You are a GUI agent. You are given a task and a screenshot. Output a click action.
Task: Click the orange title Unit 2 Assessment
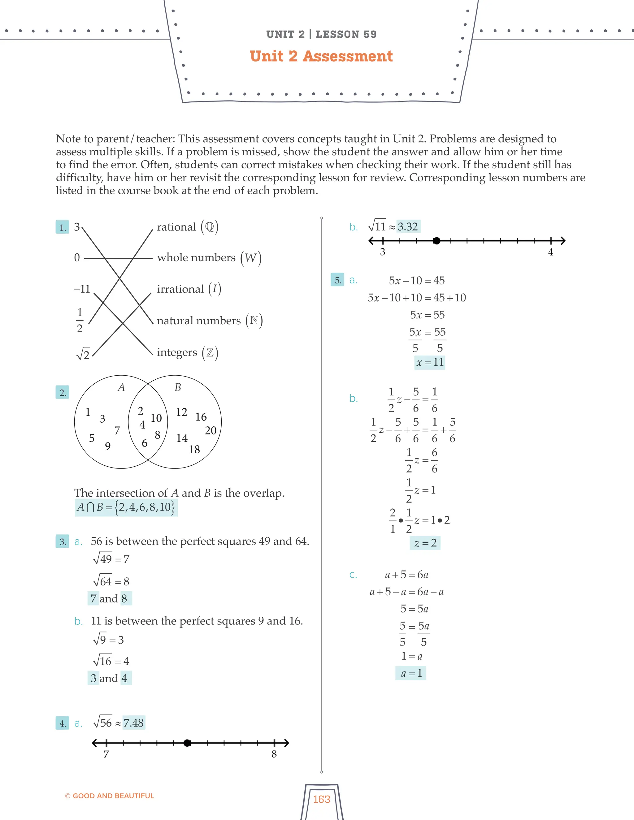pyautogui.click(x=321, y=56)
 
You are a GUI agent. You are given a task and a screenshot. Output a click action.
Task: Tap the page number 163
pyautogui.click(x=322, y=799)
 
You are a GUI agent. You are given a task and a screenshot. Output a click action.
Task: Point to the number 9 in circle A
pyautogui.click(x=108, y=446)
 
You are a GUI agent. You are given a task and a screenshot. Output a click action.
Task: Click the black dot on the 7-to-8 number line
pyautogui.click(x=187, y=743)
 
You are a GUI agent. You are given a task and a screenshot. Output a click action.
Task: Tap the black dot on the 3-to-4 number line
pyautogui.click(x=436, y=241)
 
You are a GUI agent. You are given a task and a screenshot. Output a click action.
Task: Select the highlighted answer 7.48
pyautogui.click(x=134, y=723)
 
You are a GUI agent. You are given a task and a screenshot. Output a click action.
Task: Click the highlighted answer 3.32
pyautogui.click(x=408, y=227)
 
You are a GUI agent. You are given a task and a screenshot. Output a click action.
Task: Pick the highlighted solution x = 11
pyautogui.click(x=430, y=362)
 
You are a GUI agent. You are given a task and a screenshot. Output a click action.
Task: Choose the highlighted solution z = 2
pyautogui.click(x=425, y=543)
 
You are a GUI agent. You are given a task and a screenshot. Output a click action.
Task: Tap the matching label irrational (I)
pyautogui.click(x=189, y=289)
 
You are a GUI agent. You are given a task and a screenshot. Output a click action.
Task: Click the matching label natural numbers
pyautogui.click(x=210, y=320)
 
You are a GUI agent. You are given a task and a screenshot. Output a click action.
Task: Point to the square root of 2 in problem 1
pyautogui.click(x=83, y=354)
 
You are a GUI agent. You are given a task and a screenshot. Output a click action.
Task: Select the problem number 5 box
pyautogui.click(x=337, y=280)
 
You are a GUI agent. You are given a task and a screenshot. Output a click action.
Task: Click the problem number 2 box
pyautogui.click(x=62, y=393)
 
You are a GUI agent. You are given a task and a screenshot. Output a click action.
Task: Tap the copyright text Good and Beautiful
pyautogui.click(x=110, y=796)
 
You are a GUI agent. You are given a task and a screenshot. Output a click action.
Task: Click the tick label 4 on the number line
pyautogui.click(x=551, y=252)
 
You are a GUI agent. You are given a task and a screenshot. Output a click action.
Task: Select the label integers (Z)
pyautogui.click(x=187, y=352)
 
